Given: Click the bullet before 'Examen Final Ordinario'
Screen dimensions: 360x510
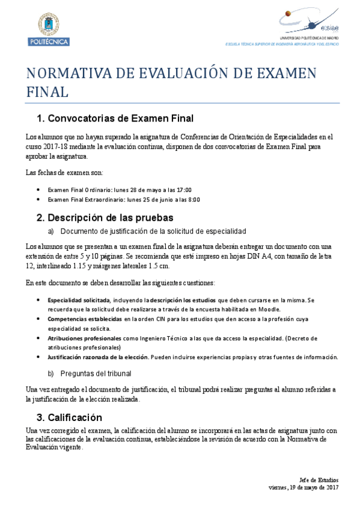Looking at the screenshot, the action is tap(38, 189).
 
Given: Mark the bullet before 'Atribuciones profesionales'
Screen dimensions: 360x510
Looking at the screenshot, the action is tap(38, 339).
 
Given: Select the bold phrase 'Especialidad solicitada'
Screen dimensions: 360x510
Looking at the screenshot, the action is tap(78, 299).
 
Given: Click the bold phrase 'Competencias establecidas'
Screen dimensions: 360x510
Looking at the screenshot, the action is tap(85, 319).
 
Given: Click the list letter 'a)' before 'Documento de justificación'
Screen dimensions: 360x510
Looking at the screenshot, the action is tap(51, 231).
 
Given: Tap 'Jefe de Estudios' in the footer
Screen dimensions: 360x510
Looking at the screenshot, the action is tap(319, 479).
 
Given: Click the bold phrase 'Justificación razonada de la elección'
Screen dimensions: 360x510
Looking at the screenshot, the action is tap(98, 357).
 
